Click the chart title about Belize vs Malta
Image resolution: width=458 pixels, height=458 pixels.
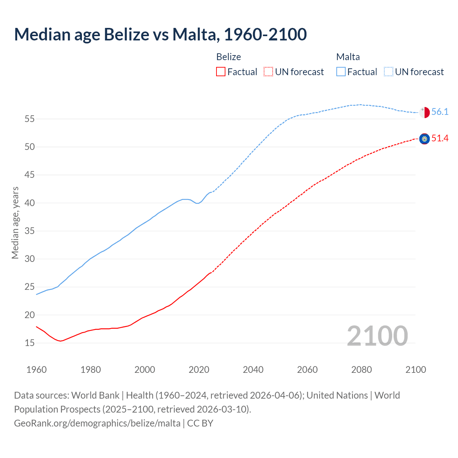[160, 34]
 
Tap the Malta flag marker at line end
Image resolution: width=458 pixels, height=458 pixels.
[424, 112]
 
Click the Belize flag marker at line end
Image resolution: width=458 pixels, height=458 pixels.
[424, 139]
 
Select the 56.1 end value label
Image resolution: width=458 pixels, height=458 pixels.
[440, 112]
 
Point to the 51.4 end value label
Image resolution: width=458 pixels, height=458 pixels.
[440, 138]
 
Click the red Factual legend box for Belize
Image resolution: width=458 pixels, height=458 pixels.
[221, 72]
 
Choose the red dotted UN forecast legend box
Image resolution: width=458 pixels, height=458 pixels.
[268, 72]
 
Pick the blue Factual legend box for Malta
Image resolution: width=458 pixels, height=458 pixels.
[341, 72]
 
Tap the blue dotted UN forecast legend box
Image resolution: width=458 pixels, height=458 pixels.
[389, 72]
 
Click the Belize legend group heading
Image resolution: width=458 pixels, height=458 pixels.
[229, 57]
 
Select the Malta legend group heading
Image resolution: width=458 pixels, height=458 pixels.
[348, 57]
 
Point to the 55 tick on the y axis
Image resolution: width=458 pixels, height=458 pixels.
[29, 119]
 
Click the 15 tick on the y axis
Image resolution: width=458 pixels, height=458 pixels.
[29, 343]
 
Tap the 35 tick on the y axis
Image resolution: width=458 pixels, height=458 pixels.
[29, 231]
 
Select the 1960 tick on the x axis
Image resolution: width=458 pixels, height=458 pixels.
[36, 370]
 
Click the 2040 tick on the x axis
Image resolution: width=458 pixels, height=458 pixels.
[253, 370]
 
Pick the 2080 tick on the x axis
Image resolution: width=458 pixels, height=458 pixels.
[361, 370]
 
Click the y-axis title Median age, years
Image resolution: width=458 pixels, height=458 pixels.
[15, 223]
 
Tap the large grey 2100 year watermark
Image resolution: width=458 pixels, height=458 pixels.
[377, 336]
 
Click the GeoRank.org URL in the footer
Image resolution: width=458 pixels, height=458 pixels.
[97, 423]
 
